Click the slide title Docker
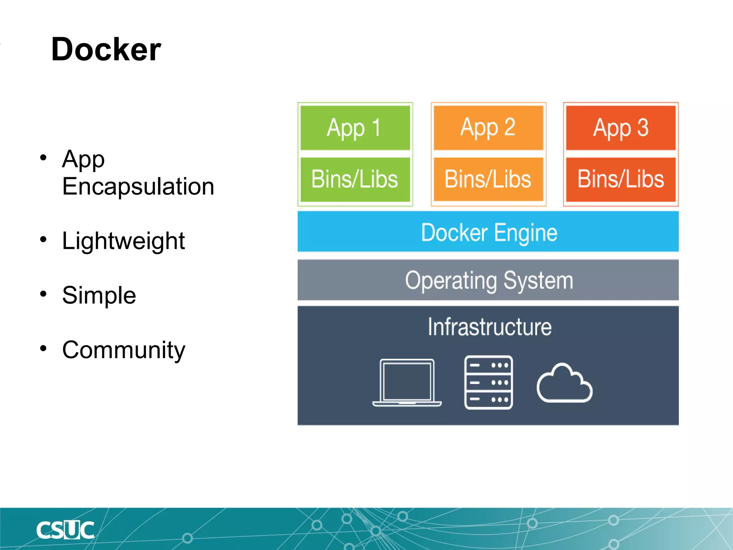click(106, 49)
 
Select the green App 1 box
click(355, 128)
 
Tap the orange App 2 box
click(488, 128)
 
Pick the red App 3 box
click(621, 128)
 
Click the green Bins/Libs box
click(355, 179)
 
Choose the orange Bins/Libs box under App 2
click(488, 179)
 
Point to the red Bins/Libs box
click(621, 179)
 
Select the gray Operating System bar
click(488, 280)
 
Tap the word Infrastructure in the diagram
click(490, 327)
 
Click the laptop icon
click(407, 383)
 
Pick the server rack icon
click(489, 382)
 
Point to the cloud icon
click(564, 384)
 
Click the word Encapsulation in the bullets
click(138, 187)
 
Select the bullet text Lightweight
click(123, 241)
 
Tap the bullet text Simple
click(99, 295)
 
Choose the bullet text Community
click(123, 350)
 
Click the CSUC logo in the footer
click(65, 530)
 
